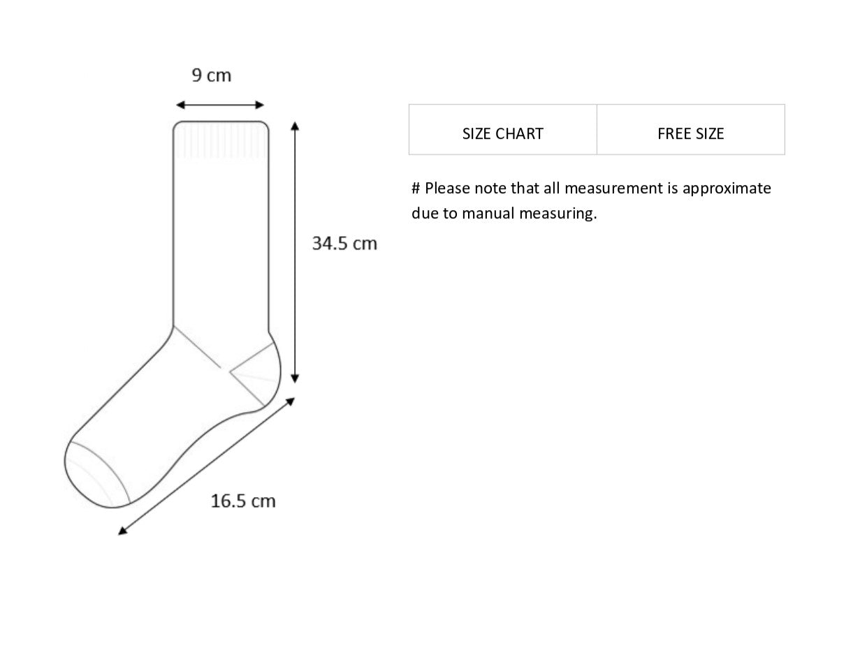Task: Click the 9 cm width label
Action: (x=211, y=75)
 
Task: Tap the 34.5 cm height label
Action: (x=344, y=243)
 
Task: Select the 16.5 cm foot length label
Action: (x=243, y=501)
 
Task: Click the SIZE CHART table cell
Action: (x=503, y=129)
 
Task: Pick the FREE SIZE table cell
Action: (x=691, y=129)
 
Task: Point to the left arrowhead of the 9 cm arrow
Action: (x=180, y=105)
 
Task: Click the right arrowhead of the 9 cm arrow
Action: (x=260, y=105)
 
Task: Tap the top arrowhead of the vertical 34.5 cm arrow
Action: (x=295, y=126)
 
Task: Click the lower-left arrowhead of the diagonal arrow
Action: (x=122, y=531)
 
